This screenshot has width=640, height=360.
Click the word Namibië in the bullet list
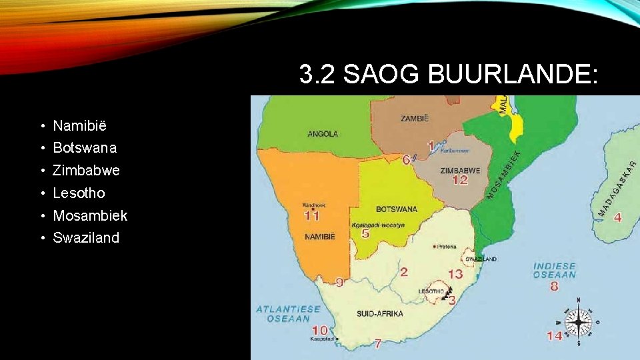(80, 125)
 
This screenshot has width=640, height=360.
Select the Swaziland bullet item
(86, 238)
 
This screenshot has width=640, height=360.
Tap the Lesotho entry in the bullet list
(79, 193)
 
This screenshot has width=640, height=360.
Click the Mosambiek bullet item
(90, 215)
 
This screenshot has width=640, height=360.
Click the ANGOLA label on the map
(323, 134)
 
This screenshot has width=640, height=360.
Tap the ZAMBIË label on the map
(415, 118)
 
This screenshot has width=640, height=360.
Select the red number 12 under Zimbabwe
(460, 180)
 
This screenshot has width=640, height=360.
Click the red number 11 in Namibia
(311, 215)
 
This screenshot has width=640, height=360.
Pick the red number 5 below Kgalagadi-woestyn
(365, 234)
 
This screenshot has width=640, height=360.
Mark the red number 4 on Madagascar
(618, 217)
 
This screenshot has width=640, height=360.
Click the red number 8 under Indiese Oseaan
(554, 287)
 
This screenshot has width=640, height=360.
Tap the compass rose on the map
(578, 322)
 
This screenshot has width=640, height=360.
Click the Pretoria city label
(447, 247)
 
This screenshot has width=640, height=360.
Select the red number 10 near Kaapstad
(320, 330)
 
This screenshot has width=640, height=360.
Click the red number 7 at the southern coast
(377, 344)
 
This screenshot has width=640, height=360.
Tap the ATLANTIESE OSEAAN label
(288, 313)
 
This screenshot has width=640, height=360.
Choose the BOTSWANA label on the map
(396, 209)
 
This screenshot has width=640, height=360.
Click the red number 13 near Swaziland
(455, 274)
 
